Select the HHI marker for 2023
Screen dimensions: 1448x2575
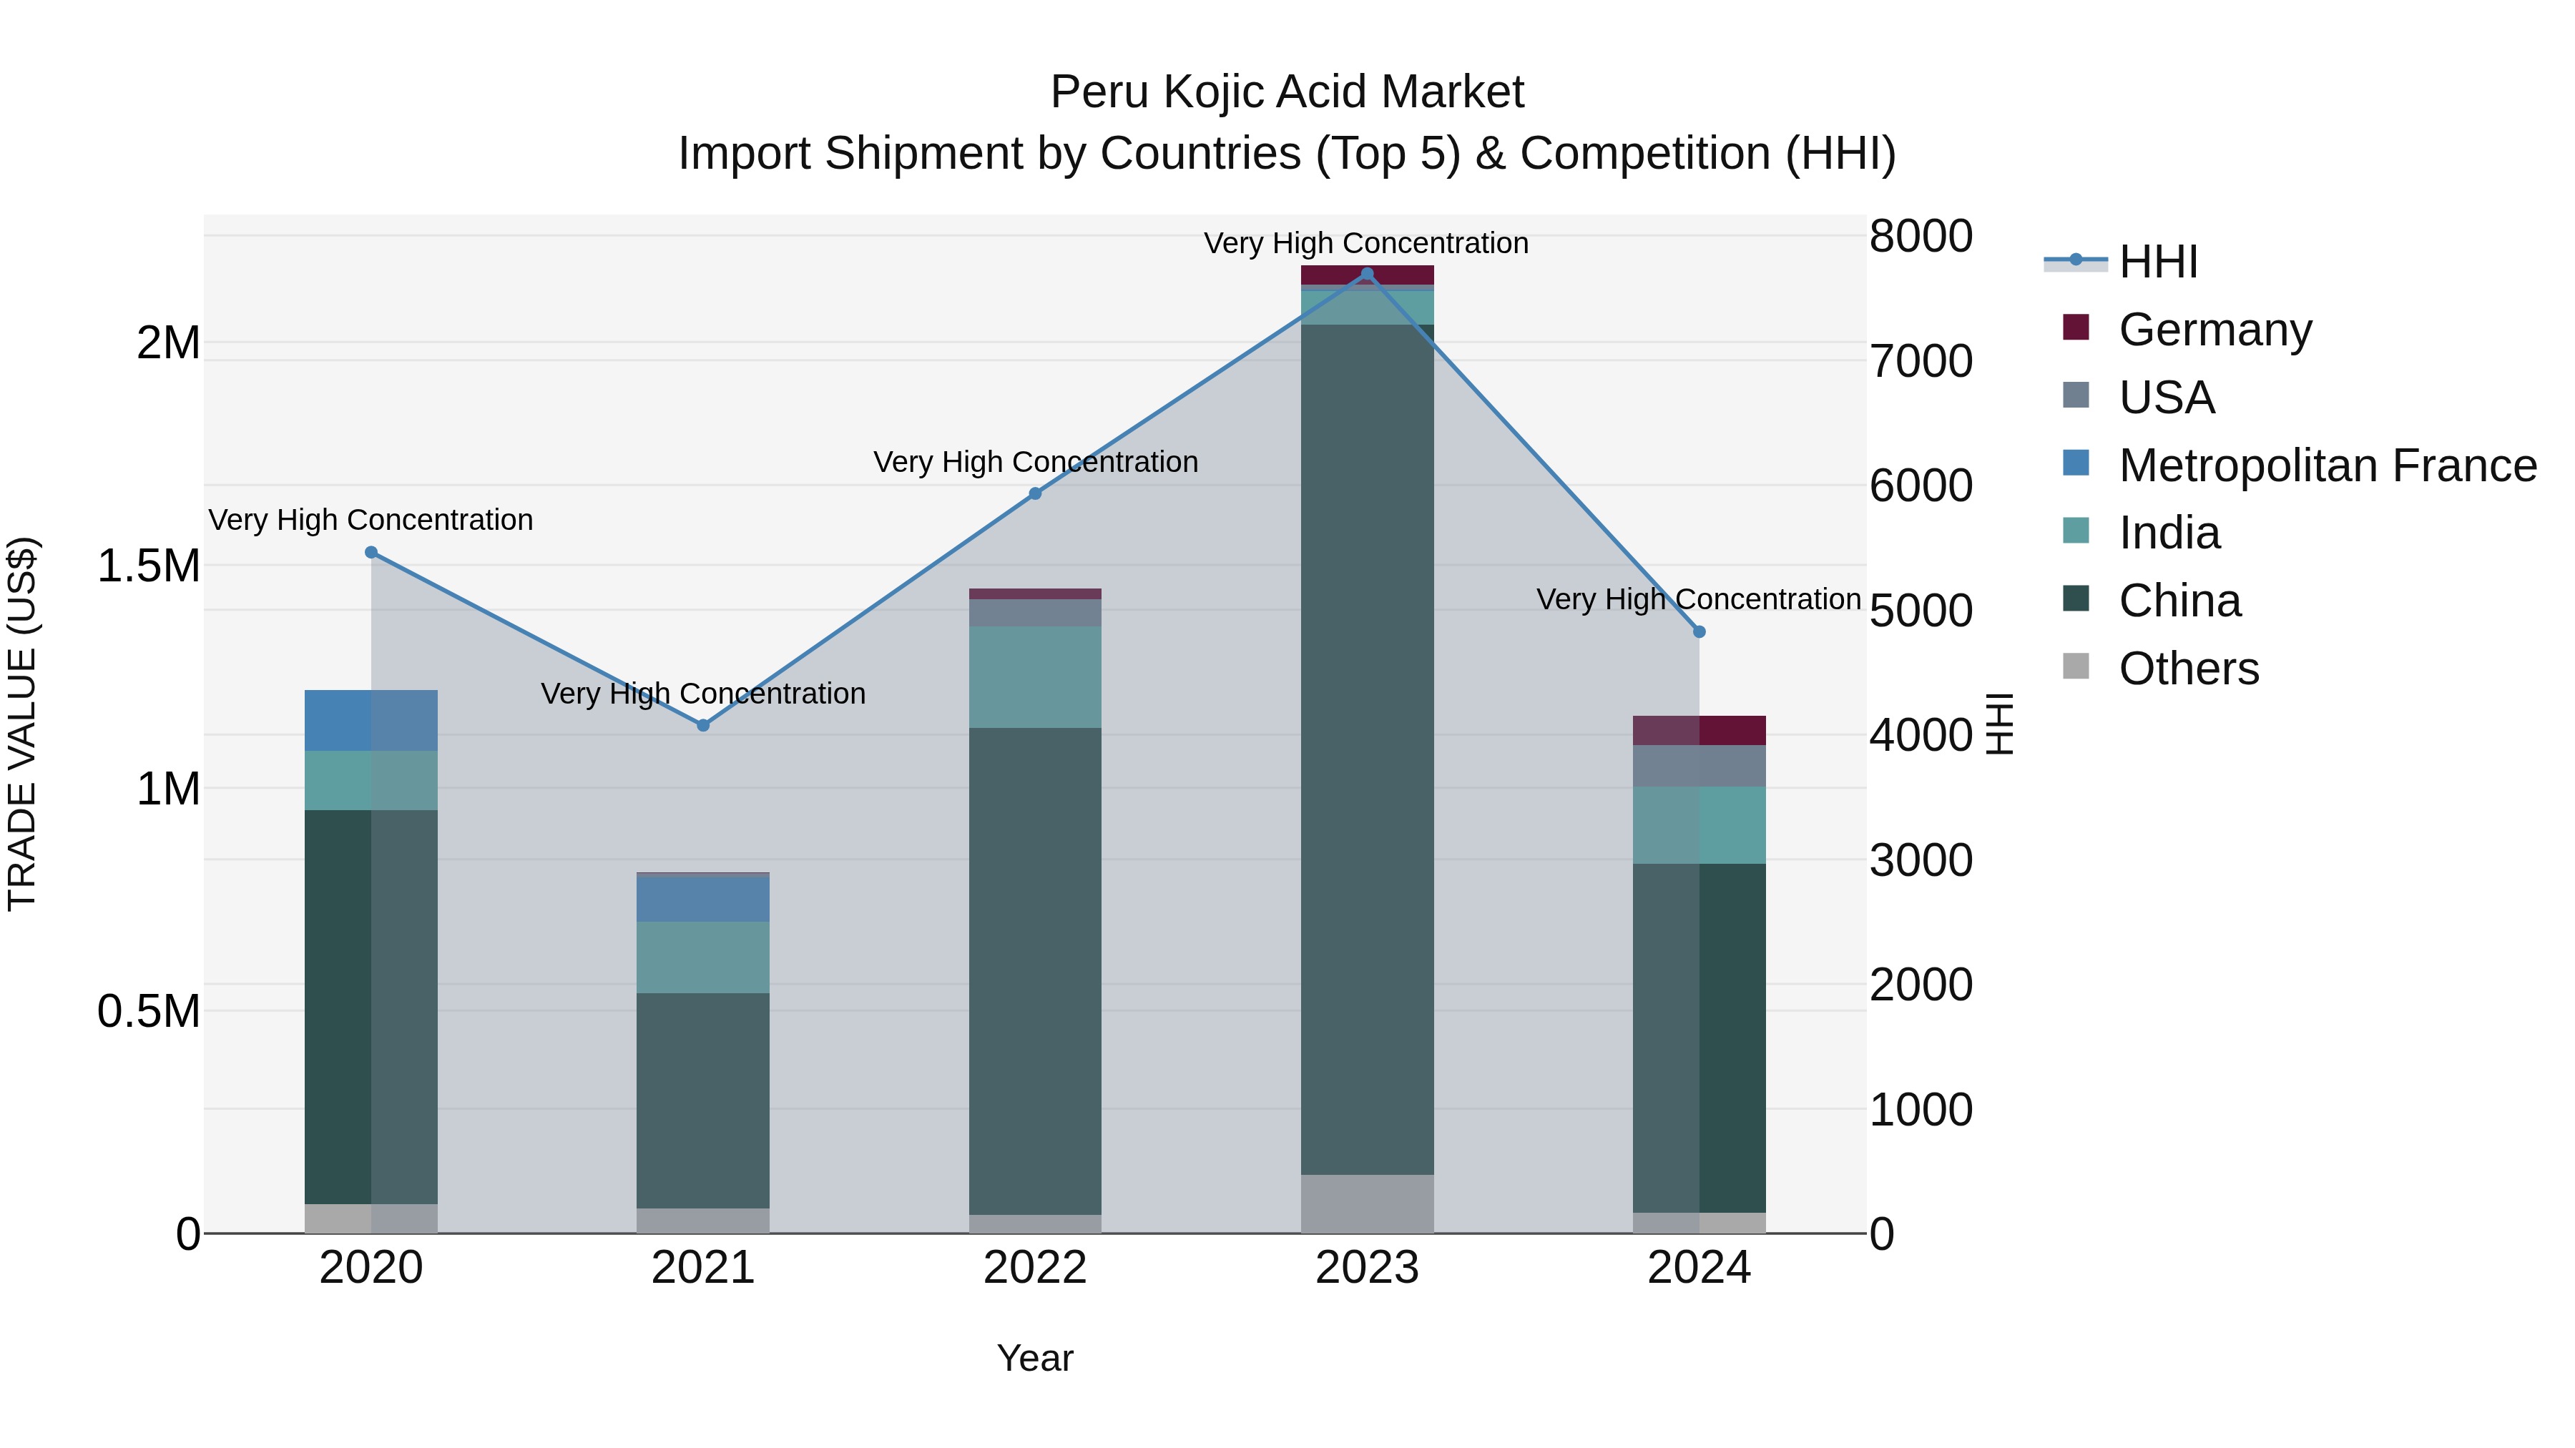click(x=1368, y=274)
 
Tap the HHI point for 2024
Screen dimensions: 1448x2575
click(x=1699, y=631)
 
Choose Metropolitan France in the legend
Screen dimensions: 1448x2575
click(x=2327, y=466)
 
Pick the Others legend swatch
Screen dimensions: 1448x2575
click(x=2076, y=668)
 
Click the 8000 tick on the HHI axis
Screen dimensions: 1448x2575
click(x=1921, y=237)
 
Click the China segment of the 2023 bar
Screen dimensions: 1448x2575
click(x=1368, y=749)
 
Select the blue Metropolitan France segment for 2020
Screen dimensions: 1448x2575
click(x=371, y=721)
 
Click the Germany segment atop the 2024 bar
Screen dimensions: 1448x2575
click(x=1699, y=731)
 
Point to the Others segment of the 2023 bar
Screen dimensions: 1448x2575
click(x=1368, y=1204)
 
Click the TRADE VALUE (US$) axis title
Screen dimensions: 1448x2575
click(x=22, y=724)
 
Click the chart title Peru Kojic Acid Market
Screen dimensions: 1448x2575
click(x=1287, y=92)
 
